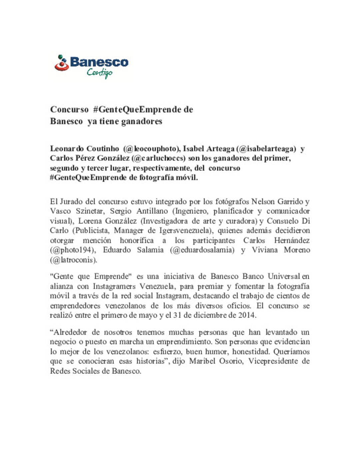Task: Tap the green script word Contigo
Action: (x=100, y=73)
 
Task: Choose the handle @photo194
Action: (x=71, y=250)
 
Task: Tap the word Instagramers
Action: (x=114, y=286)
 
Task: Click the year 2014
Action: (x=247, y=315)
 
